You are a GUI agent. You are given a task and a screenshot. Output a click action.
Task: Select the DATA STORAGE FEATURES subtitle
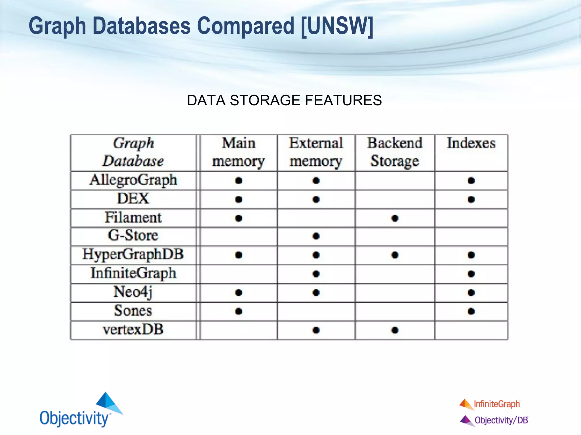tap(284, 100)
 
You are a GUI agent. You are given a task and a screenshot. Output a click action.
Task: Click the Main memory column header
tap(238, 152)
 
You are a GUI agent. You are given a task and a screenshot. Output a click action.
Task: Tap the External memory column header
tap(316, 152)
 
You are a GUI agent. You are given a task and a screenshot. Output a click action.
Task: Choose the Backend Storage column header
tap(395, 152)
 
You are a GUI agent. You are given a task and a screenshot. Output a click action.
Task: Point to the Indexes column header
tap(471, 143)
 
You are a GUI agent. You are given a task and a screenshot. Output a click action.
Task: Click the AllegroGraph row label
tap(133, 180)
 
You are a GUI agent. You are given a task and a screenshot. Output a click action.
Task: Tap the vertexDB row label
tap(133, 330)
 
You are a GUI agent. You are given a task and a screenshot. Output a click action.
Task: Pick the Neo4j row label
tap(133, 292)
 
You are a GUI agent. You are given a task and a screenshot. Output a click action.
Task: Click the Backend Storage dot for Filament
tap(395, 218)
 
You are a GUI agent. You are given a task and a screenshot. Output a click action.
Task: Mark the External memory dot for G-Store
tap(316, 236)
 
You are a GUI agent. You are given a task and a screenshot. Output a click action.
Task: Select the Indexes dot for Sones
tap(471, 311)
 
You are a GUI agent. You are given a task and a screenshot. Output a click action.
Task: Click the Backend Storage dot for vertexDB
tap(395, 330)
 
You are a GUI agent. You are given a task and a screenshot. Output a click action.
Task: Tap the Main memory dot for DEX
tap(239, 199)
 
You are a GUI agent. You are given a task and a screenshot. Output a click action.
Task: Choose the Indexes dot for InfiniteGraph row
tap(471, 274)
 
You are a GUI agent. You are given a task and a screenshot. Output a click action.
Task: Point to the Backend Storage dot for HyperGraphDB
tap(395, 255)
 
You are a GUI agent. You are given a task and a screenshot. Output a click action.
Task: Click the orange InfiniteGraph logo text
tap(497, 404)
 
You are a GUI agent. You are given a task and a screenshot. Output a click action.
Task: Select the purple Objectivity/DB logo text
tap(501, 420)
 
